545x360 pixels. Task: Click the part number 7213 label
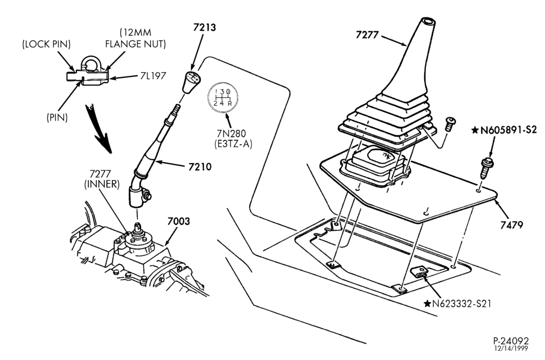(x=204, y=27)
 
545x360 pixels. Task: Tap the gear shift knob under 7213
(x=190, y=82)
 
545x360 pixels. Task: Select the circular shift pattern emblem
(x=222, y=98)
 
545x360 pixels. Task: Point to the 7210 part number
(x=200, y=167)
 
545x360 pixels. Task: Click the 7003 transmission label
(x=179, y=221)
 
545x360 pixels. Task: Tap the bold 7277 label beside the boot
(x=367, y=35)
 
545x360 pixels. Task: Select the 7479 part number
(x=511, y=225)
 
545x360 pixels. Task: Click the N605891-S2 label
(x=504, y=130)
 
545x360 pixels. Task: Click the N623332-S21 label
(x=458, y=304)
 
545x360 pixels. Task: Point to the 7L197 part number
(x=153, y=75)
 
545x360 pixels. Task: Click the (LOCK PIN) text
(x=46, y=44)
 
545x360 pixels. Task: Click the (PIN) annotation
(x=57, y=118)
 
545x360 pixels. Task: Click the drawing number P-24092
(x=511, y=340)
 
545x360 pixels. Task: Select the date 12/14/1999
(x=511, y=348)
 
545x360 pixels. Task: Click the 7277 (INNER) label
(x=102, y=179)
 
